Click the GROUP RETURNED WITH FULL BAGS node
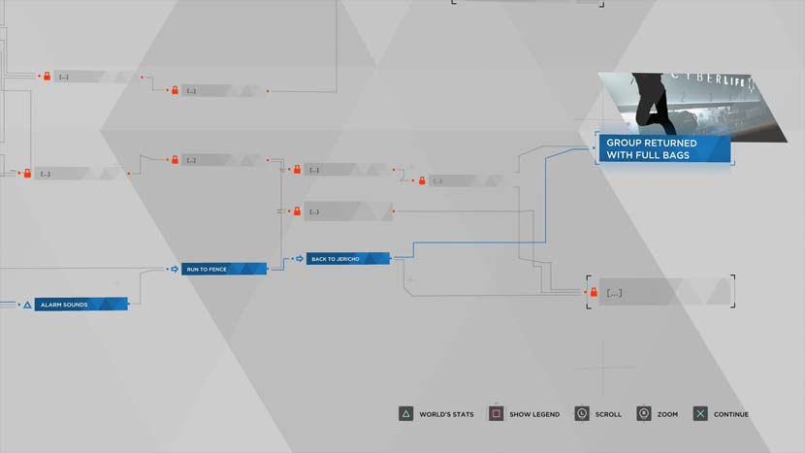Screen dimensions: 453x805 point(662,148)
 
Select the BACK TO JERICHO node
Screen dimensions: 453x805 point(347,259)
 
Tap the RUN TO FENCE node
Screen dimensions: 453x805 point(223,269)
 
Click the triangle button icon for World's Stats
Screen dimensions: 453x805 point(405,414)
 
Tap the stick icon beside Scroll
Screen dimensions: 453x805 point(581,414)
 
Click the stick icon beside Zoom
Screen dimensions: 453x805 point(643,414)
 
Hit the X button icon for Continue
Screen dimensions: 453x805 point(699,414)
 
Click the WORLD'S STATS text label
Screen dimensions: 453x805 point(446,415)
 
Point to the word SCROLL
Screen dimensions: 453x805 point(608,415)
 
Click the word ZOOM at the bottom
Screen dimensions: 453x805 point(667,415)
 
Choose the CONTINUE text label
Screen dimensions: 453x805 point(731,415)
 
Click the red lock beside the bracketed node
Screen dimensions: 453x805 point(593,292)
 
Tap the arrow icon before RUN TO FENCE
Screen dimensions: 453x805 point(175,269)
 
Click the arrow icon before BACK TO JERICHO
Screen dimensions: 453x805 point(299,259)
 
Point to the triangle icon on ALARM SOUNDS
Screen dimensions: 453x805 point(28,305)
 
